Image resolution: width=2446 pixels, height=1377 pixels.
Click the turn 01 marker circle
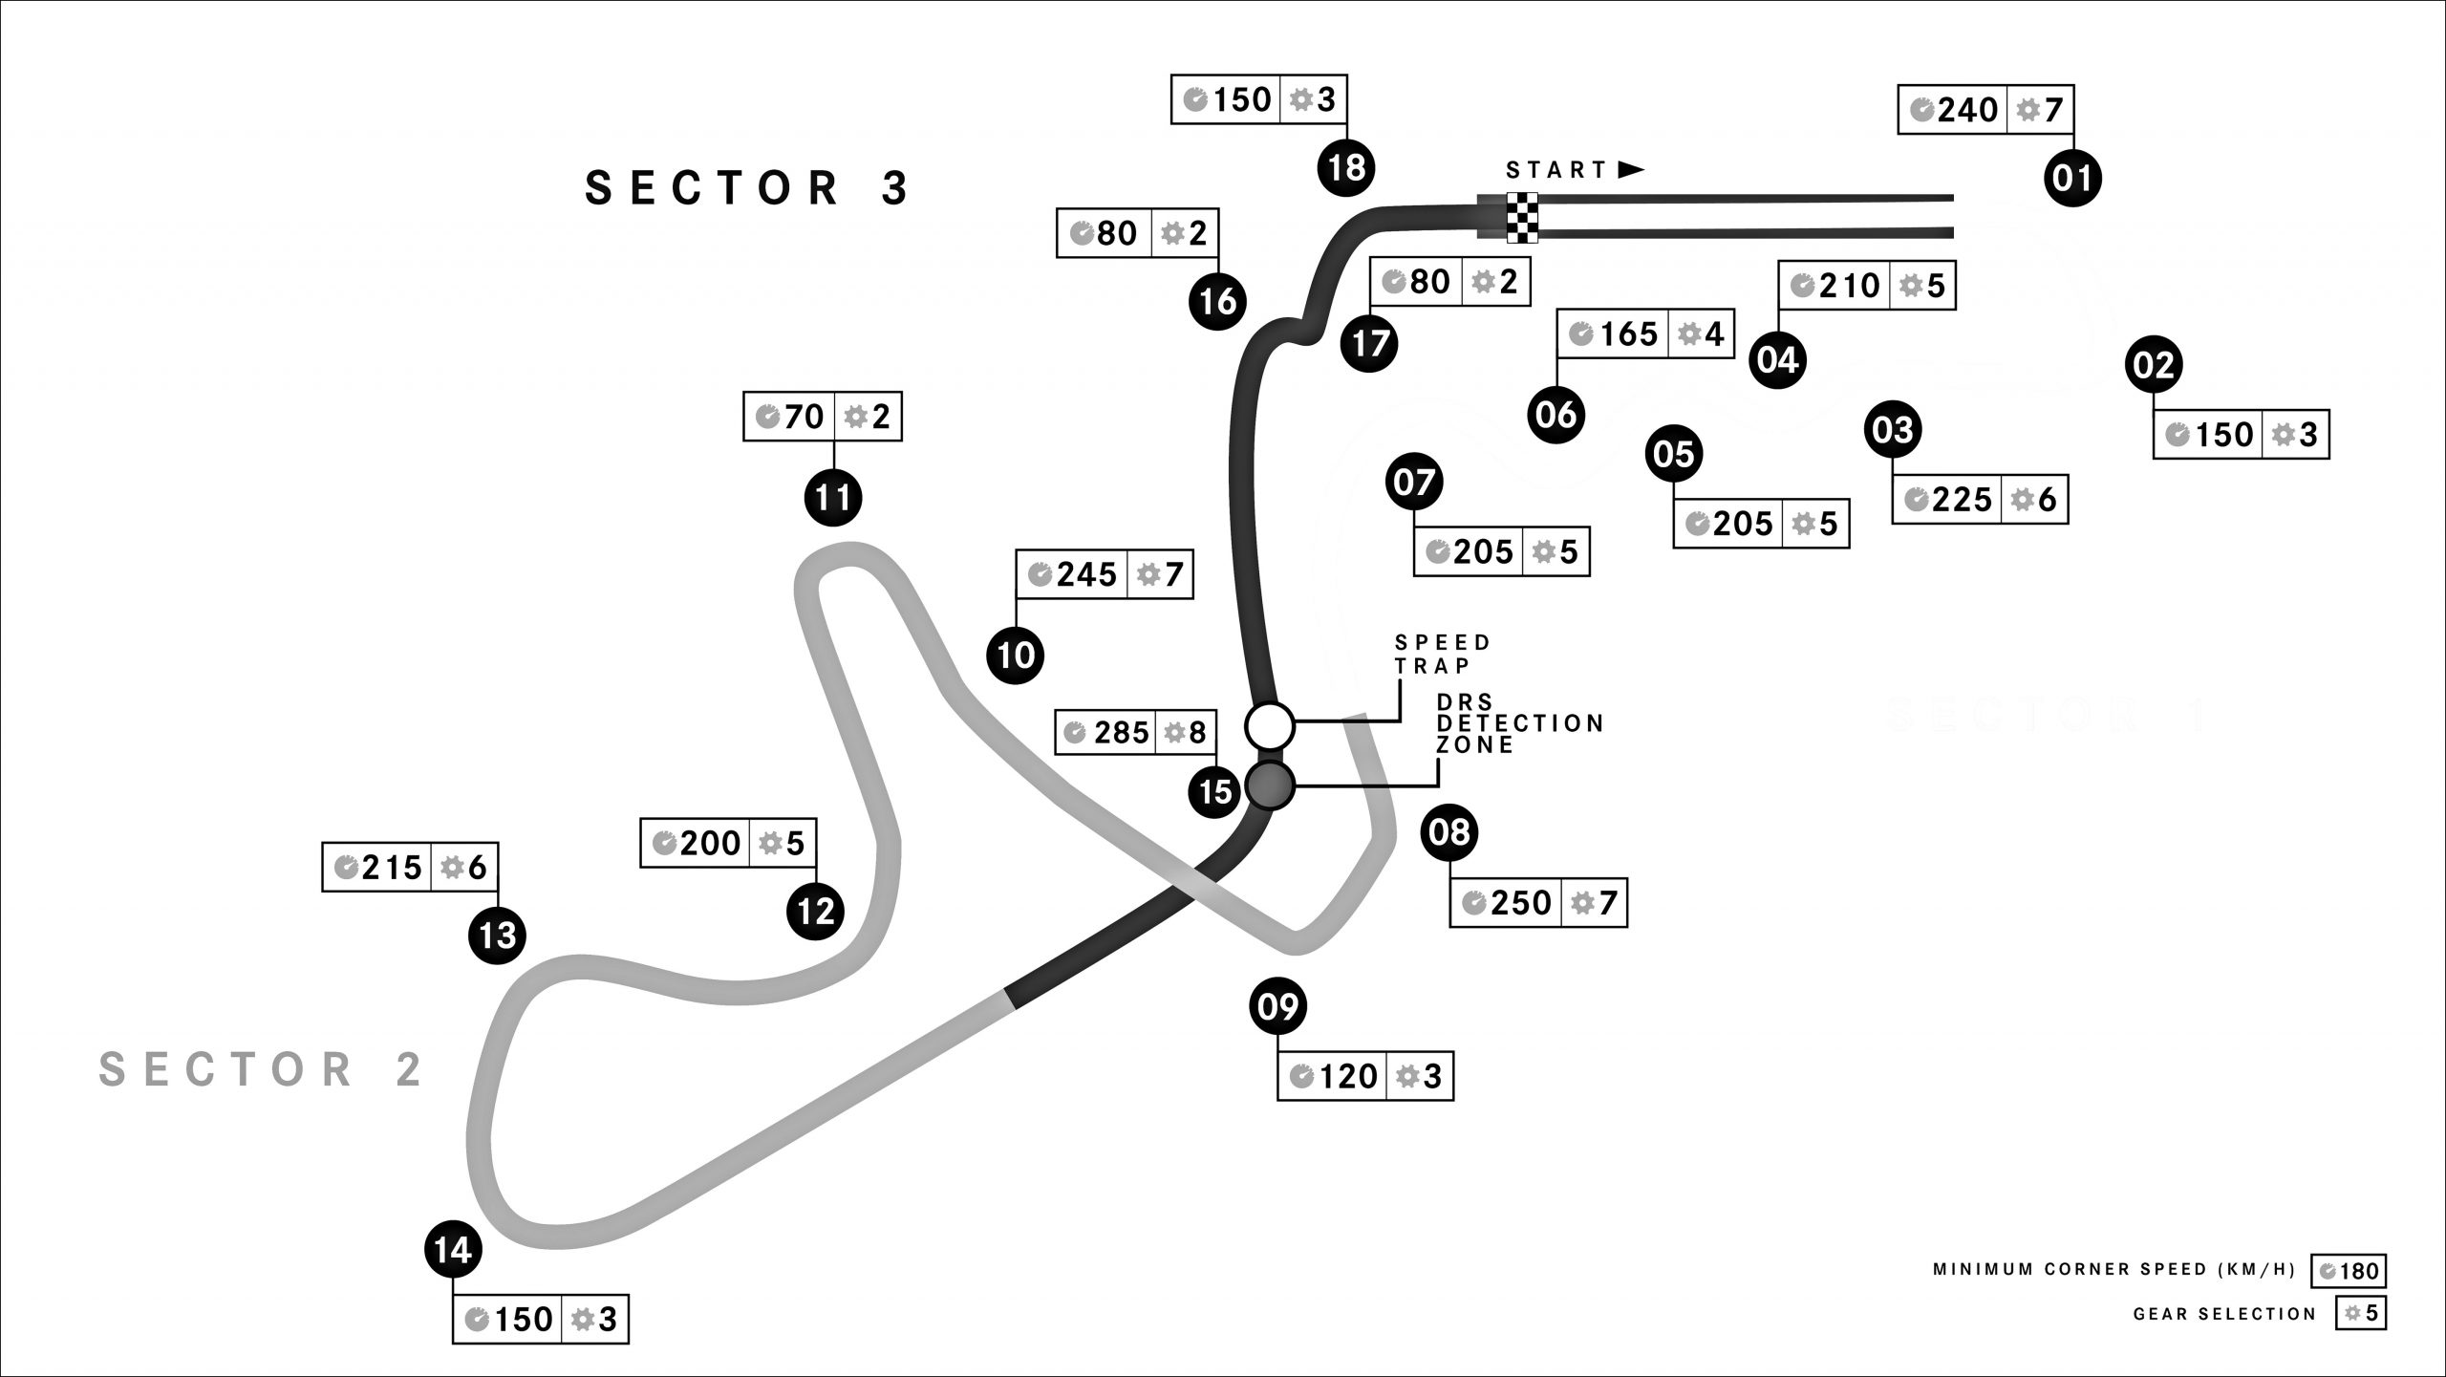pos(2072,178)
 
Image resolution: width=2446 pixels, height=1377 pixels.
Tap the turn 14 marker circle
pos(453,1250)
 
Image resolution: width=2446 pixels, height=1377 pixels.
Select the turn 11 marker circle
pos(833,498)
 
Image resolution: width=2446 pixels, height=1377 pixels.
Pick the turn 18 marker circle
pos(1346,168)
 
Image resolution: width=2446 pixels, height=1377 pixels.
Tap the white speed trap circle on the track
pos(1270,726)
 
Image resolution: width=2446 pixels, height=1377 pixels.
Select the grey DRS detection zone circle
pos(1270,785)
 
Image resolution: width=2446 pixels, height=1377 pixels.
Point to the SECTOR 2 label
pos(261,1069)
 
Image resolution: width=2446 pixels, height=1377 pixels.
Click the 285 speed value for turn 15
pos(1121,733)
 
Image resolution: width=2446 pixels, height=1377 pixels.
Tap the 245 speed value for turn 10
pos(1085,574)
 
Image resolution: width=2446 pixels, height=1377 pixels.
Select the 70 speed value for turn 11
pos(803,417)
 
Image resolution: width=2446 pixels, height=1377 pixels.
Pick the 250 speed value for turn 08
pos(1520,903)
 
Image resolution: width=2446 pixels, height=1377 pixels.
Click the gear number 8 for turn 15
pos(1196,733)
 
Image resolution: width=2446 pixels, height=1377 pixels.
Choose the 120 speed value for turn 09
pos(1348,1077)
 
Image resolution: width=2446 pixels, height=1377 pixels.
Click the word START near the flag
pos(1556,170)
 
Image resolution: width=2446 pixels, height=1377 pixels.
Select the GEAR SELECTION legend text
pos(2225,1315)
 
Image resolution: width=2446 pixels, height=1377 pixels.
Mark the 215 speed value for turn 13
pos(391,868)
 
